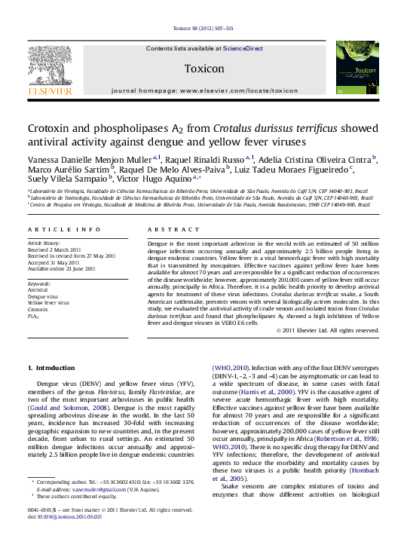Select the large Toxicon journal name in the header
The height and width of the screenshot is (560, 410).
(203, 69)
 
